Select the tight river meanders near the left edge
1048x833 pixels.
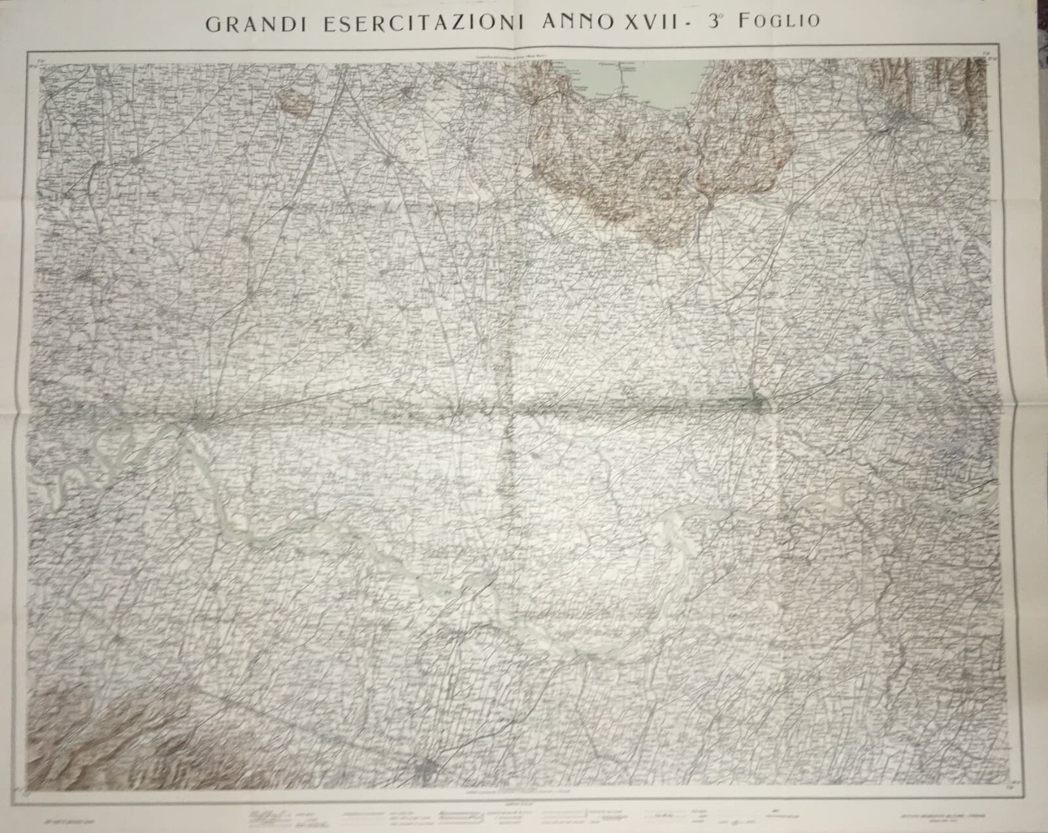[111, 445]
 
